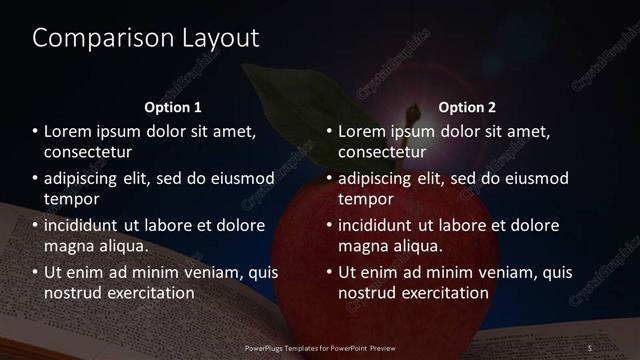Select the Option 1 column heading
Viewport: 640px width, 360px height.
[x=173, y=107]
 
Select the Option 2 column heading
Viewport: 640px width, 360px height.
[x=467, y=107]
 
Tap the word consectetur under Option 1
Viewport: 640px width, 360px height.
[x=88, y=153]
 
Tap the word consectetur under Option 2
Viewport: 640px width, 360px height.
[x=383, y=153]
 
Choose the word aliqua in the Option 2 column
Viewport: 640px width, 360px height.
[x=415, y=245]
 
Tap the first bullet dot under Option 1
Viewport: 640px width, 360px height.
[x=35, y=132]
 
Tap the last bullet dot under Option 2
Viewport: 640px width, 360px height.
[x=330, y=272]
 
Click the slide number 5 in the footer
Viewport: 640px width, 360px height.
[x=592, y=347]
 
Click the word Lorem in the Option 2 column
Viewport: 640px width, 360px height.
[x=360, y=132]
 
